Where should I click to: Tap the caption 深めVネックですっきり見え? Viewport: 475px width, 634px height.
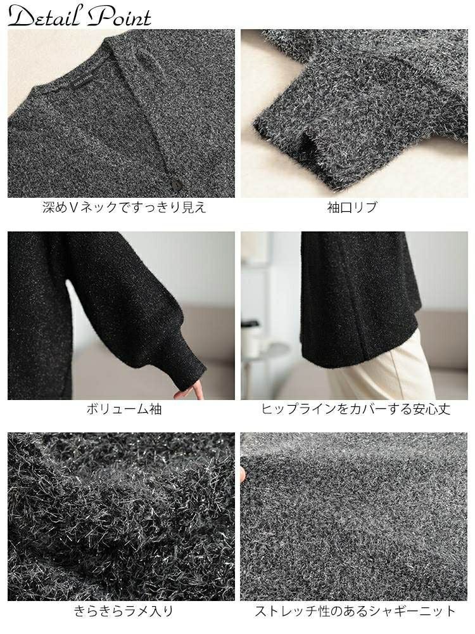pos(124,207)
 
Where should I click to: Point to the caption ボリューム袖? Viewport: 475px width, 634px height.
pos(124,409)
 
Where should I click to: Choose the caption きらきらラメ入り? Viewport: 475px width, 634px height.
pos(124,611)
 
